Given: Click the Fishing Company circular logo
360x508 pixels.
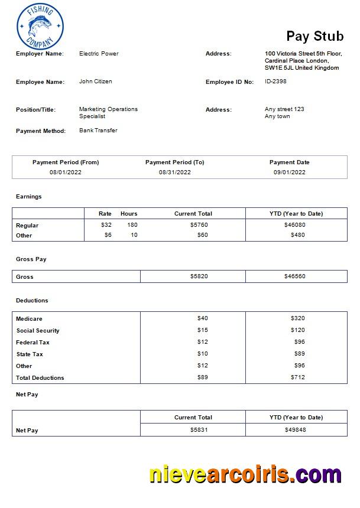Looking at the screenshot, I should (40, 26).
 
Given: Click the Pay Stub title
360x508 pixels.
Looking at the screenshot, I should (314, 37).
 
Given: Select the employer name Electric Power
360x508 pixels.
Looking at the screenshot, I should (99, 54).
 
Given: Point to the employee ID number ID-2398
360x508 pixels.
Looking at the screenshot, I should (275, 82).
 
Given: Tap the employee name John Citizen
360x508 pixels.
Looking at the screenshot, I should (95, 82).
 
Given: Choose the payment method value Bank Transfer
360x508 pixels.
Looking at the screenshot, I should (98, 131).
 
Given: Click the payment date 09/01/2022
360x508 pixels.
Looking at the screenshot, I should (289, 172).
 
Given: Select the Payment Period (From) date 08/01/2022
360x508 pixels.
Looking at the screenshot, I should (65, 172).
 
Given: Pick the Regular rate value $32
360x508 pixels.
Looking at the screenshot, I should (106, 225).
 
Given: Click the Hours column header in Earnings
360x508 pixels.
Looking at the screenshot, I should (129, 214).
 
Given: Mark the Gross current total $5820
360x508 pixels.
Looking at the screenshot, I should (199, 276).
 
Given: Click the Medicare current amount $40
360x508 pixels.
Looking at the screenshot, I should (202, 318).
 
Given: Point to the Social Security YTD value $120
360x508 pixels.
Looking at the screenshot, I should (297, 330).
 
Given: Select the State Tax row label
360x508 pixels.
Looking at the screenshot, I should (30, 354).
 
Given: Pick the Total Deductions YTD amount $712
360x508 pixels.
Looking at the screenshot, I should (297, 377).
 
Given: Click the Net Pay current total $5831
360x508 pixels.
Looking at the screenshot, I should (199, 430).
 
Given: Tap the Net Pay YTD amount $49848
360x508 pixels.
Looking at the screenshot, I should (295, 430).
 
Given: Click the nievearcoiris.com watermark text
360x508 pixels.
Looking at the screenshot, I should (245, 474).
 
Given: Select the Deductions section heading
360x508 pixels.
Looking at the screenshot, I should (32, 301).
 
